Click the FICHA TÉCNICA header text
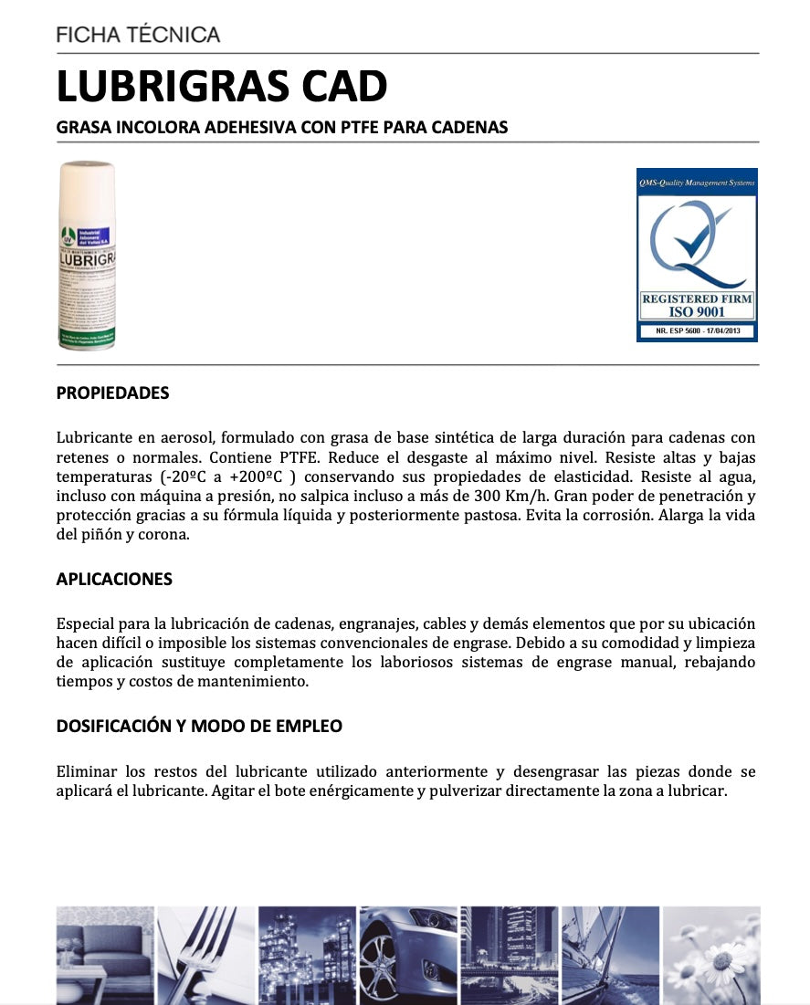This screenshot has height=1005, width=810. tap(138, 36)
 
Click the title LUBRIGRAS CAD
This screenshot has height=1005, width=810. tap(222, 87)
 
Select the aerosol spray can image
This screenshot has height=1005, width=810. tap(87, 256)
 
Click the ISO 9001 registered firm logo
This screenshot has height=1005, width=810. tap(697, 255)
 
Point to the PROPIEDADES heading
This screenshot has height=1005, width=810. tap(112, 393)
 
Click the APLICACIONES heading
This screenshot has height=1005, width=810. tap(114, 580)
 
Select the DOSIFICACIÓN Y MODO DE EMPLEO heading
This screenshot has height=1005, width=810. tap(199, 727)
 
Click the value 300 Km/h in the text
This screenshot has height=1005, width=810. tap(512, 497)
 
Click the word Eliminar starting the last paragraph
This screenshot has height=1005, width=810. tap(87, 772)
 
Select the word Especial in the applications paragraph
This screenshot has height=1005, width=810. tap(88, 624)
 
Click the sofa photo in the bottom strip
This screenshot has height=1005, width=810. tap(103, 954)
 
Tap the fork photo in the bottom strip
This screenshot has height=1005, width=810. tap(205, 954)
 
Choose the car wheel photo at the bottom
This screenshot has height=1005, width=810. tap(407, 954)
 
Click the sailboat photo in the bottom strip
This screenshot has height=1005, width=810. tap(609, 954)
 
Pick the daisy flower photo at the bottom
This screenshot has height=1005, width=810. tap(710, 954)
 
